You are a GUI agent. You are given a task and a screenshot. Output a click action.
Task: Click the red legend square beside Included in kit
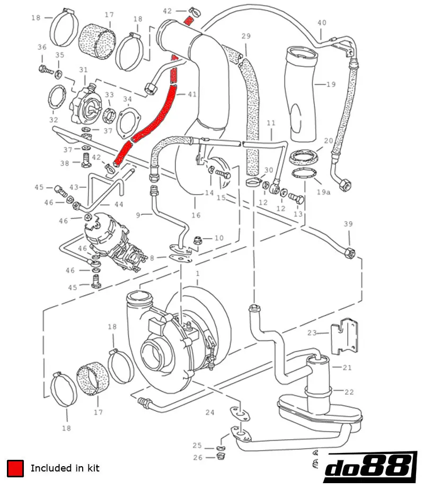[15, 468]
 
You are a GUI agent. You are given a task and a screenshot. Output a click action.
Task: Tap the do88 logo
[369, 467]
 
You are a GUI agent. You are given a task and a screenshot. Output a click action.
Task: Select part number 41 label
[191, 94]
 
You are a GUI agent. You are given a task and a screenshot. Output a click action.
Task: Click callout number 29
[246, 36]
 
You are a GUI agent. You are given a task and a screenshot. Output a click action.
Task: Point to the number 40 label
[322, 22]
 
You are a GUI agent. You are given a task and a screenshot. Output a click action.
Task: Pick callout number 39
[348, 224]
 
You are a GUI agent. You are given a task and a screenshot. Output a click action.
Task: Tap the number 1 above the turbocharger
[197, 273]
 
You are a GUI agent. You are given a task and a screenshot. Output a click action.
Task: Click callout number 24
[210, 412]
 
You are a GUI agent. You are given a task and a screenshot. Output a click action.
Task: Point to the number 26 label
[198, 457]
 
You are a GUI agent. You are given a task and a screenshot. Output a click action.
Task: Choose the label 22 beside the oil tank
[348, 392]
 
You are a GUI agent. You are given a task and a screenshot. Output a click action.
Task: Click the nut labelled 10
[204, 239]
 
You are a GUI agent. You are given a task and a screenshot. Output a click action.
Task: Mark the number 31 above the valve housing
[83, 70]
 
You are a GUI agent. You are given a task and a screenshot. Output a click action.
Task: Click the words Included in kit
[65, 468]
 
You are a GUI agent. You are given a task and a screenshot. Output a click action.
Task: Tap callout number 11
[271, 123]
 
